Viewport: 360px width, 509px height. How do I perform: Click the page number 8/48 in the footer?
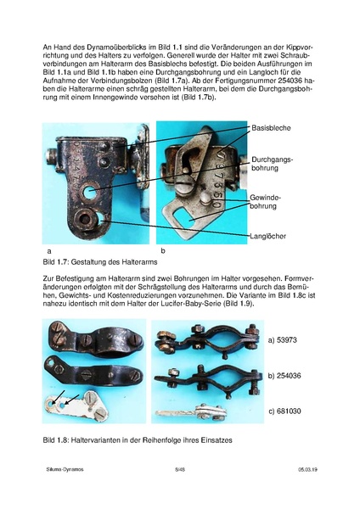click(180, 491)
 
